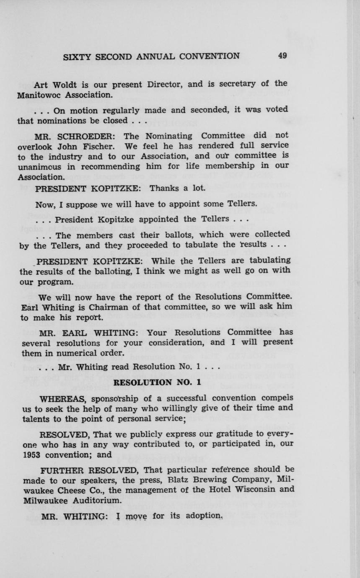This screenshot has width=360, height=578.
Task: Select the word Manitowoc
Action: [x=39, y=95]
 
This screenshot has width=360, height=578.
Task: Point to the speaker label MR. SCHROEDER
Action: [x=72, y=136]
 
